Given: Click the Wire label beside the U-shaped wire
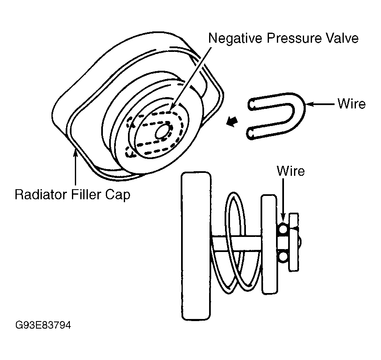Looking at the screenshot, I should [x=351, y=103].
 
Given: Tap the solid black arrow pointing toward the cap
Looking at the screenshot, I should [x=231, y=122].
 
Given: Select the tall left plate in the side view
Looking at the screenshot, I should [x=195, y=245].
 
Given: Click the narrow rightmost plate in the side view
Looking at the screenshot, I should [x=294, y=242].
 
